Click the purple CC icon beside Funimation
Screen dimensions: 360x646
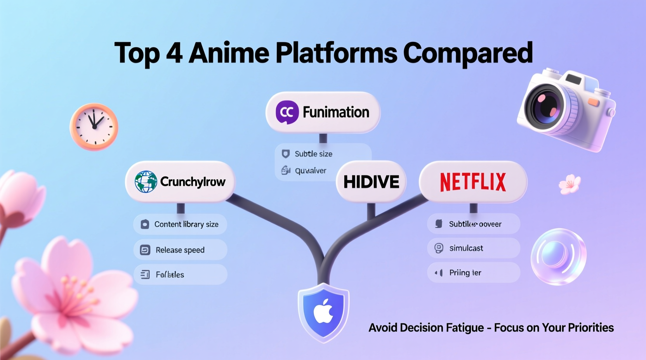click(x=287, y=112)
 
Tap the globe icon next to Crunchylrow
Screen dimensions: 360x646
click(x=146, y=182)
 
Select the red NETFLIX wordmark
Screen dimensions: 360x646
click(x=473, y=182)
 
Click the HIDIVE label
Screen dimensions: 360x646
click(x=371, y=182)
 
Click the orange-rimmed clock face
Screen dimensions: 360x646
click(x=94, y=126)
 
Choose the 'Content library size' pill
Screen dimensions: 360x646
click(x=180, y=224)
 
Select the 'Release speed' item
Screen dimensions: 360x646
click(x=180, y=250)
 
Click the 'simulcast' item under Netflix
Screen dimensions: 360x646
click(x=473, y=248)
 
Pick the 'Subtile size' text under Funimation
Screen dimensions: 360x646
click(x=313, y=154)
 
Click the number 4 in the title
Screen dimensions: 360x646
click(x=174, y=53)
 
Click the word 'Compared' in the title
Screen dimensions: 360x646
click(x=468, y=53)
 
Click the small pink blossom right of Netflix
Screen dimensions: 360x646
click(x=570, y=184)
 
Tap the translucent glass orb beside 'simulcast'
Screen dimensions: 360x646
click(x=558, y=256)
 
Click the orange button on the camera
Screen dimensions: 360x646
click(x=593, y=102)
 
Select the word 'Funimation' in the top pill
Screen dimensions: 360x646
click(x=336, y=112)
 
